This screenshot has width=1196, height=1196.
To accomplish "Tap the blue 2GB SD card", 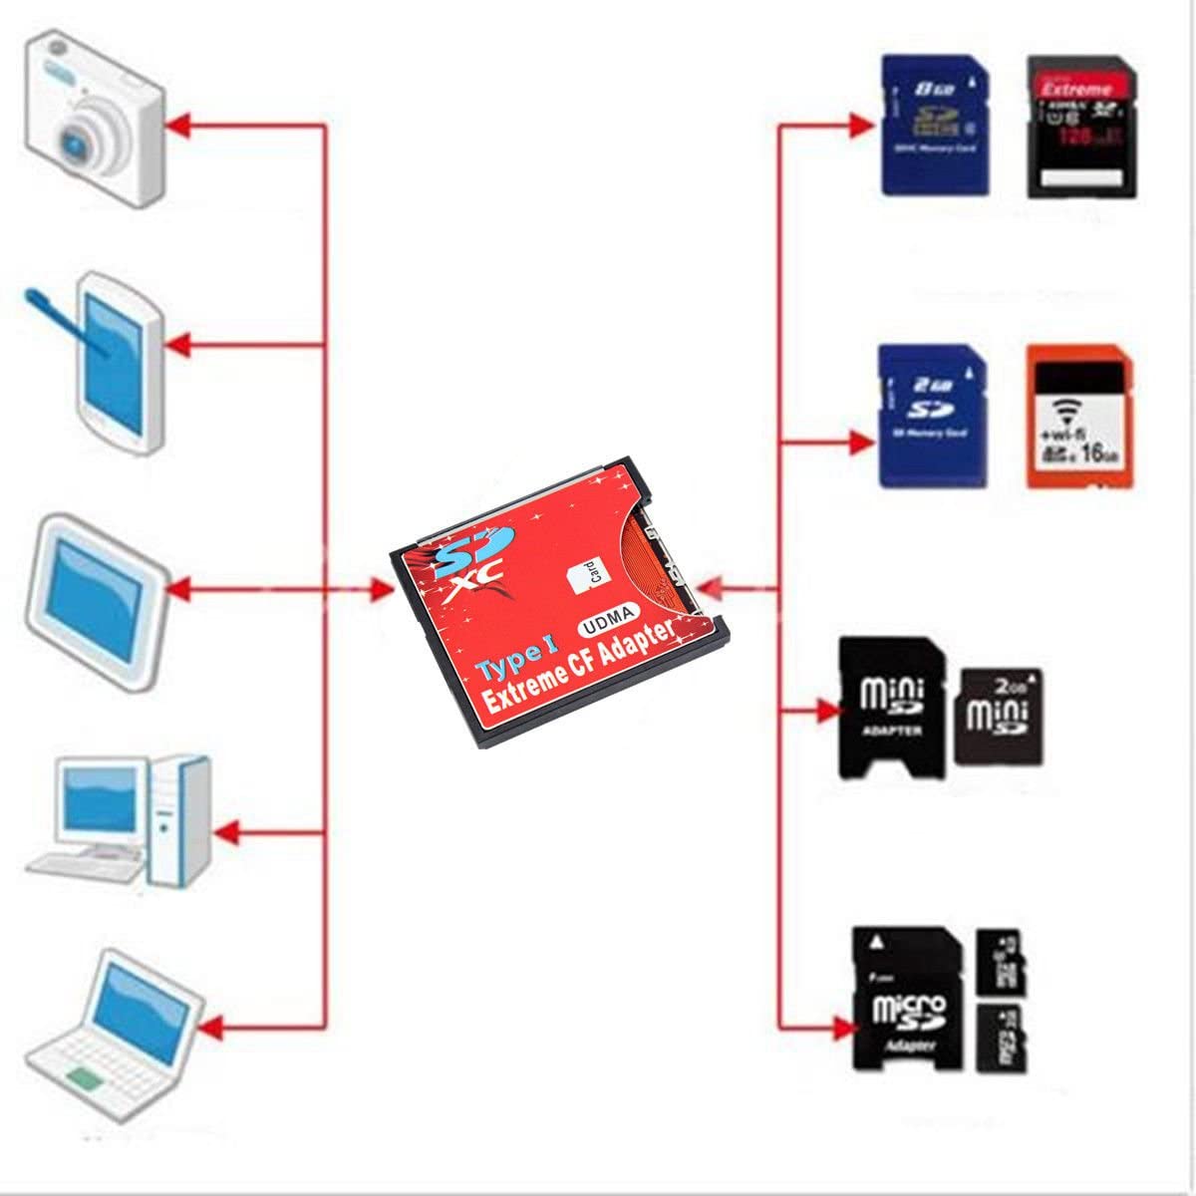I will (x=932, y=416).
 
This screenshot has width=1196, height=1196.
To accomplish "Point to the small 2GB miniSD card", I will (x=999, y=716).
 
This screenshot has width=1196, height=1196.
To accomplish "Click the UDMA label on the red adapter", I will (x=610, y=622).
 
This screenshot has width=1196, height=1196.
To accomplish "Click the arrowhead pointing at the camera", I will (x=177, y=125).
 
